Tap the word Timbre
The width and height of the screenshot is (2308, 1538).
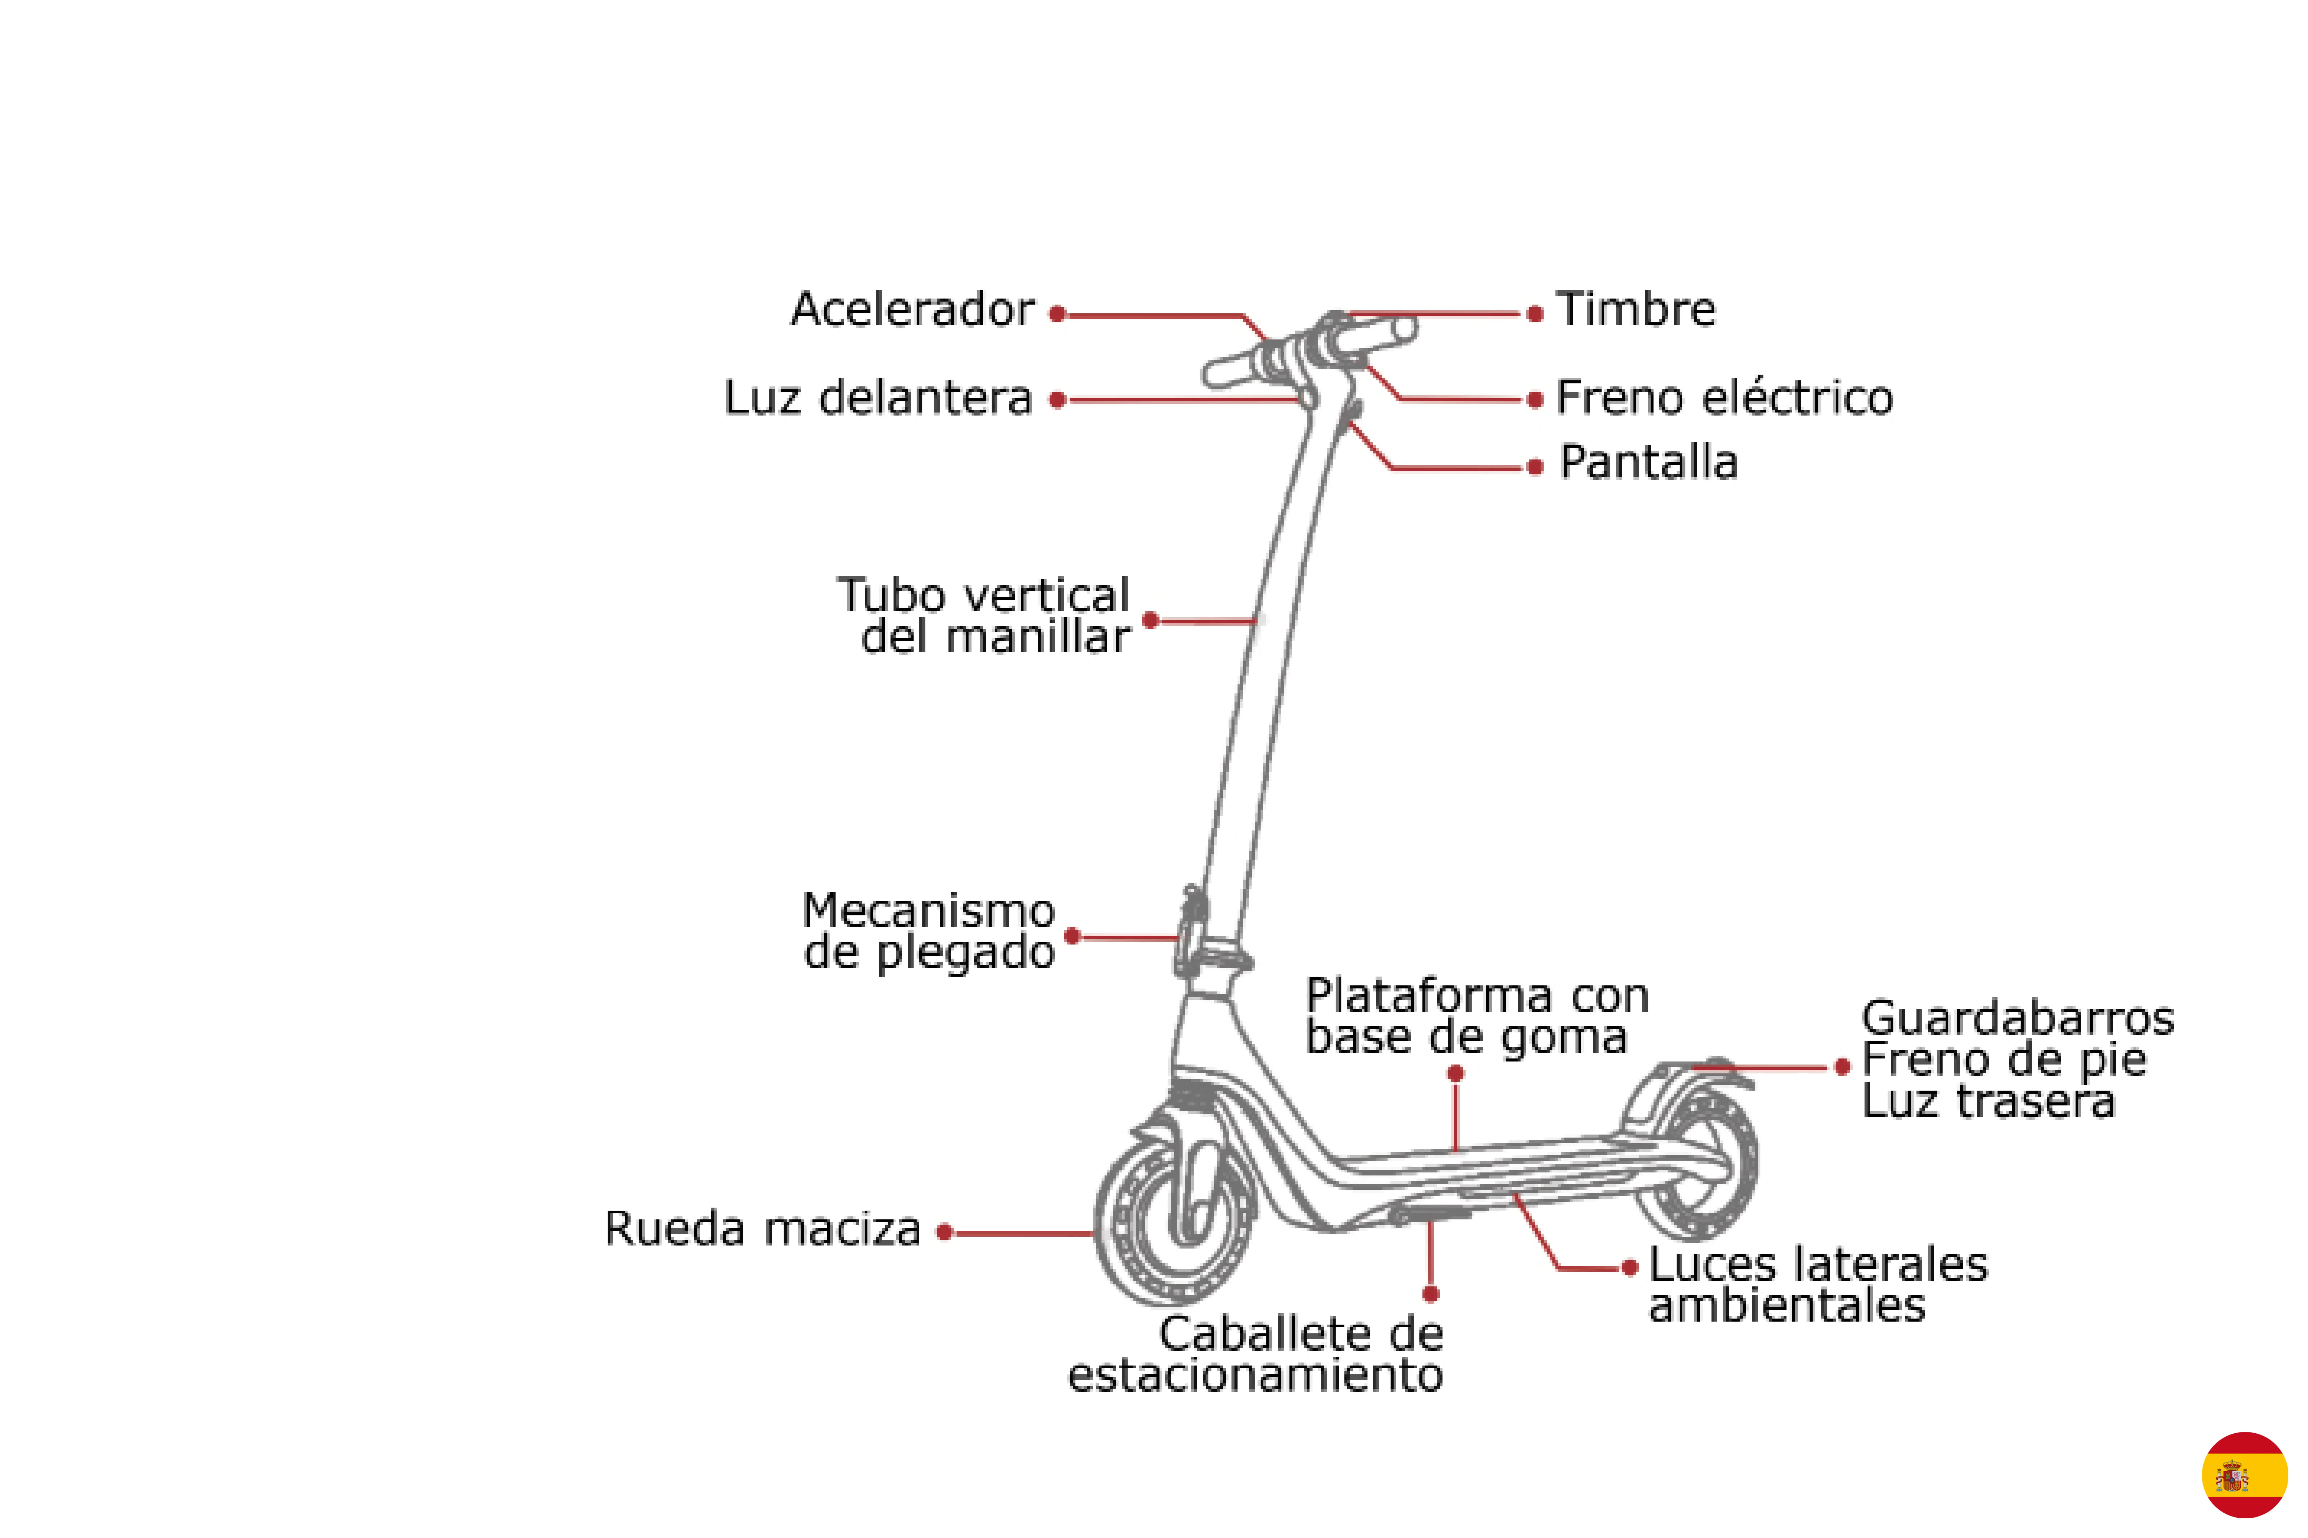[x=1636, y=310]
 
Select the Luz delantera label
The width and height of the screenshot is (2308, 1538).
[x=878, y=398]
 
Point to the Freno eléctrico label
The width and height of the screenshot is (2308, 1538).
[x=1724, y=398]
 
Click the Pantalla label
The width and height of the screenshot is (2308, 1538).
[x=1649, y=462]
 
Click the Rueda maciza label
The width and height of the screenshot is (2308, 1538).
[x=762, y=1229]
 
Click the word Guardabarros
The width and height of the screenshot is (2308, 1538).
[x=2018, y=1018]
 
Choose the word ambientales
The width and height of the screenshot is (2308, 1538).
[x=1787, y=1306]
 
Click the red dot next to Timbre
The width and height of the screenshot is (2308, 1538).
[x=1535, y=314]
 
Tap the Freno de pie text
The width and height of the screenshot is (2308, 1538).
[x=2004, y=1059]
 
